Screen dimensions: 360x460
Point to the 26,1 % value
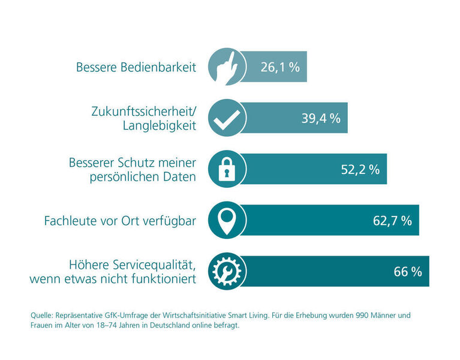279,67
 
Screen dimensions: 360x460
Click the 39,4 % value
320,118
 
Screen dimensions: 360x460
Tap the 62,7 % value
392,221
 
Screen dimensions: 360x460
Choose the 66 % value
408,272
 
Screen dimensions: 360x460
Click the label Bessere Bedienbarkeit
136,67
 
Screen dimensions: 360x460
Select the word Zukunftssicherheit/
143,111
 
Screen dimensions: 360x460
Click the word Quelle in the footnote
42,315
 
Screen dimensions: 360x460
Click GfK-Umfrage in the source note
129,315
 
